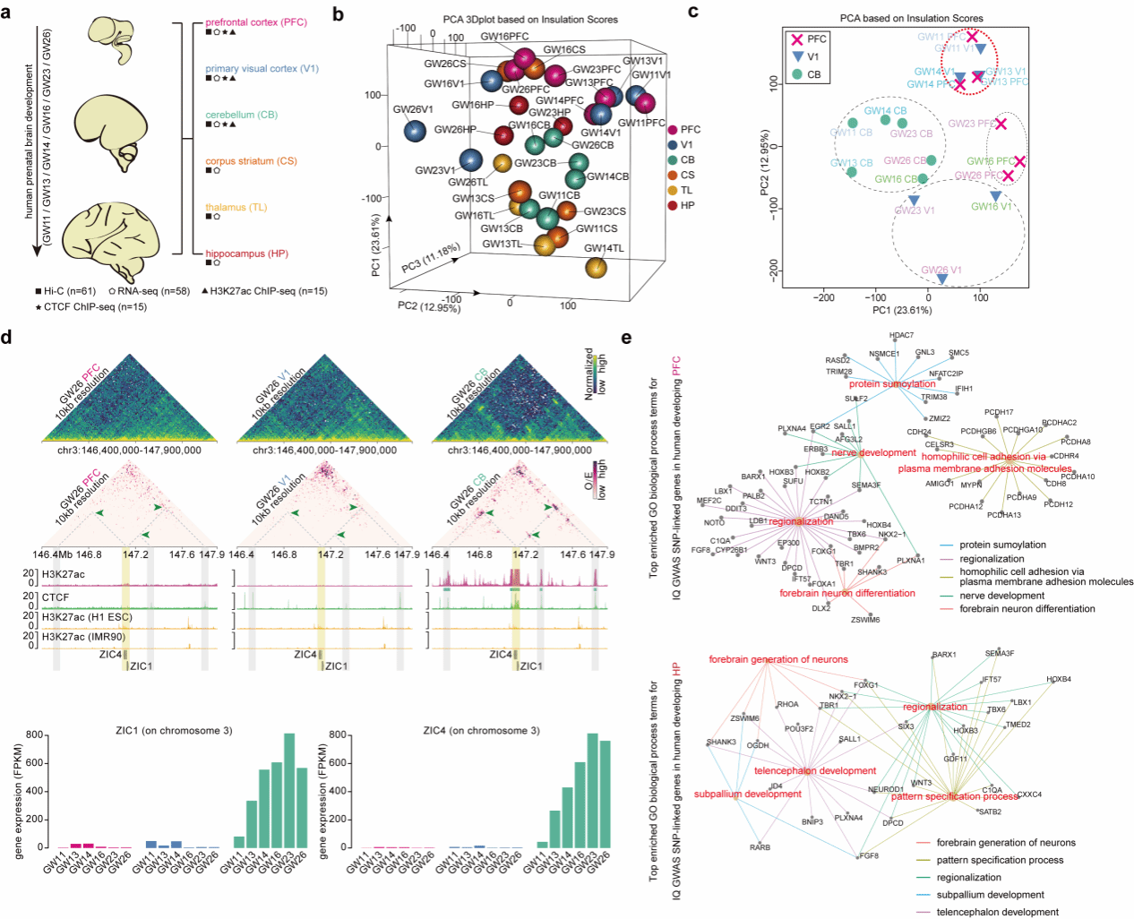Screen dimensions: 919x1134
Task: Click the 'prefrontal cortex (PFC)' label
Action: [255, 22]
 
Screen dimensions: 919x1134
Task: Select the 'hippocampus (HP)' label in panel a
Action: [246, 253]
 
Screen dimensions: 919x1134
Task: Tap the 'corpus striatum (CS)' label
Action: [251, 161]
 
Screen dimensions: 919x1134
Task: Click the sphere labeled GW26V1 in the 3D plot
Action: [415, 131]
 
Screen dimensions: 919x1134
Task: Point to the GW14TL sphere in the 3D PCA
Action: [597, 266]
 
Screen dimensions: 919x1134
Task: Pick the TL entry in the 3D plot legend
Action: [685, 190]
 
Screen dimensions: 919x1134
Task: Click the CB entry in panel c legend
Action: [812, 74]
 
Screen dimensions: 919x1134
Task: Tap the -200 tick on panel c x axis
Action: [823, 297]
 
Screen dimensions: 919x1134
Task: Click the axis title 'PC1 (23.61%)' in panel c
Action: [902, 311]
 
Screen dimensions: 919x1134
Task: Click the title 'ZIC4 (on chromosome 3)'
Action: [481, 731]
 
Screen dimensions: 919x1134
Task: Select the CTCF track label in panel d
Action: [56, 597]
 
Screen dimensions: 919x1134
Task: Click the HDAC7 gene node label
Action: [901, 335]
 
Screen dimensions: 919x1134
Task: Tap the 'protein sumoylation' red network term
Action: [892, 384]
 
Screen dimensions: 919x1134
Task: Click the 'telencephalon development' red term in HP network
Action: [815, 770]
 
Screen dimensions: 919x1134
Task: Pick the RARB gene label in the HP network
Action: [760, 847]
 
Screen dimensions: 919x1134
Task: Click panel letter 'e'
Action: [626, 338]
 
